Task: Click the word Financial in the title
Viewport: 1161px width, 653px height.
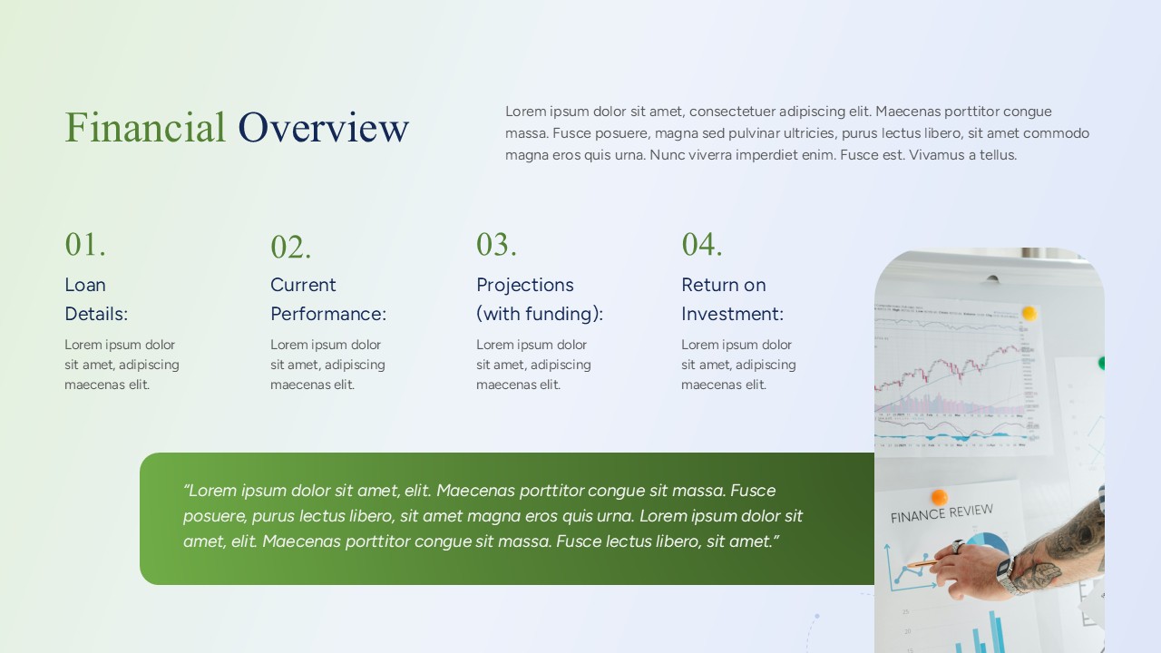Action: click(x=145, y=128)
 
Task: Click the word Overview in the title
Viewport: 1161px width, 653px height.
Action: click(x=323, y=128)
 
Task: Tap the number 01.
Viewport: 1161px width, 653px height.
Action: click(x=85, y=244)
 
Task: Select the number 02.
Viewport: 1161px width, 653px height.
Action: click(x=291, y=247)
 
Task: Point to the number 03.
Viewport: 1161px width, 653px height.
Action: click(x=497, y=244)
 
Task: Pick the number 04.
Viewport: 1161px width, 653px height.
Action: click(x=702, y=244)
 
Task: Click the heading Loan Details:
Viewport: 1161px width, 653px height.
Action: click(x=96, y=299)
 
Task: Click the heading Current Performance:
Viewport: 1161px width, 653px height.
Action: click(x=328, y=299)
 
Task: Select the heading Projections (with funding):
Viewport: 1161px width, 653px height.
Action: click(x=540, y=299)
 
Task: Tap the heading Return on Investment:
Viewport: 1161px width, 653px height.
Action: click(x=732, y=299)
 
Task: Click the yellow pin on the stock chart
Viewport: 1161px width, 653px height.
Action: click(x=1029, y=313)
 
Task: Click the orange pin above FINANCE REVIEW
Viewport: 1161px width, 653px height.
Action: click(x=939, y=497)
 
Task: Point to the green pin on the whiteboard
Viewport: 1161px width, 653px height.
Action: click(x=1101, y=363)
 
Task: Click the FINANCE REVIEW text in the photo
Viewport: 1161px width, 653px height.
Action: click(x=941, y=514)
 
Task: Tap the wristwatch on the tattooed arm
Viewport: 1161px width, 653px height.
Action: click(x=1006, y=575)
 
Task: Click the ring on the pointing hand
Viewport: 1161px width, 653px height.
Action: click(x=957, y=546)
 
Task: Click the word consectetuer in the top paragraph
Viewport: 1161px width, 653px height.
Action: click(x=731, y=112)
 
